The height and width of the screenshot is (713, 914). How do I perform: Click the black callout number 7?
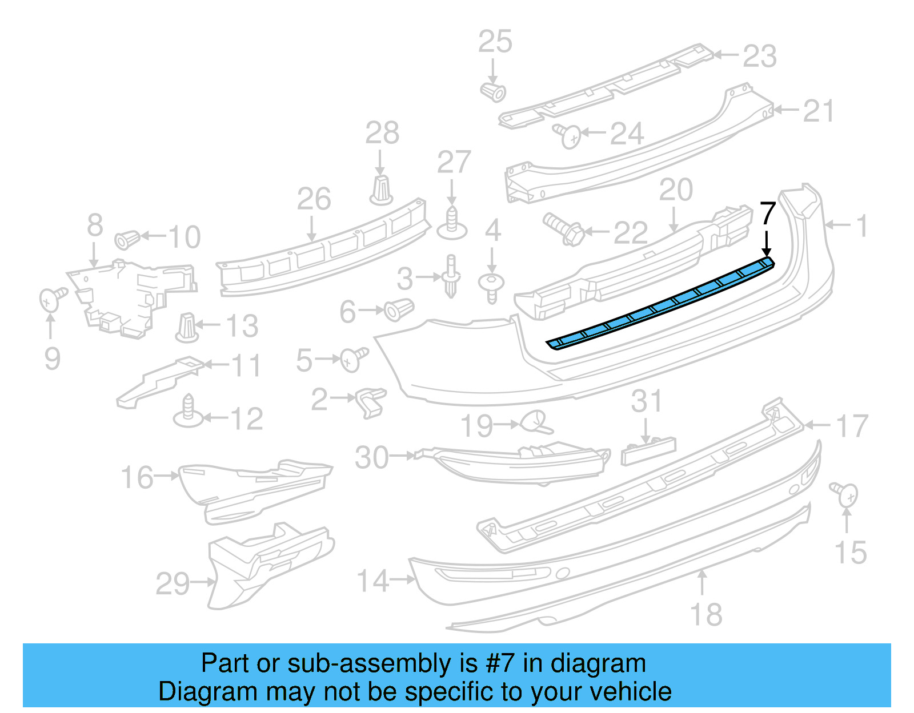(x=767, y=214)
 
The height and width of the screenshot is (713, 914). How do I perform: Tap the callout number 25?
(x=495, y=42)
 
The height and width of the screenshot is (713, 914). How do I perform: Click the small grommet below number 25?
(x=493, y=91)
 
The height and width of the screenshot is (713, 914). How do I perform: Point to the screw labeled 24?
(x=568, y=136)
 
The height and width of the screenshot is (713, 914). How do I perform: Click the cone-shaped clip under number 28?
(x=381, y=191)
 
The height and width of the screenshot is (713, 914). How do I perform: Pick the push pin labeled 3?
(x=451, y=276)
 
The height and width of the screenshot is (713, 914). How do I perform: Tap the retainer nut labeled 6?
(x=398, y=309)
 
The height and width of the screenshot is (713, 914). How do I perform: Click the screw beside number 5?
(x=353, y=359)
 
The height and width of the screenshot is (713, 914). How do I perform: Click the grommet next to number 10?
(x=127, y=239)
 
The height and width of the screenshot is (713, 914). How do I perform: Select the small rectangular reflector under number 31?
(x=648, y=452)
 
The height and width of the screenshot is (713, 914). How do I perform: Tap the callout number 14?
(x=373, y=581)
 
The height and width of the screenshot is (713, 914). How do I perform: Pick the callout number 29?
(x=173, y=583)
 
